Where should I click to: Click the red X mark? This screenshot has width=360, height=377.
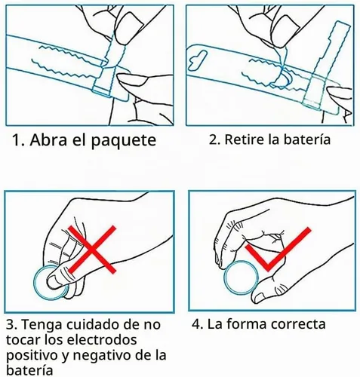pos(92,250)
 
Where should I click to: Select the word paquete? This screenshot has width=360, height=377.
pos(124,141)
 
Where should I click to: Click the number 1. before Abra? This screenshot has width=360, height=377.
pos(19,140)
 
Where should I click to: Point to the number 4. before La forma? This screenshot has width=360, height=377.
pos(198,324)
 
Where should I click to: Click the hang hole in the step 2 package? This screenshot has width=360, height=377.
pos(197,59)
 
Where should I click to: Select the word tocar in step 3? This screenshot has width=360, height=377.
pos(23,340)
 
